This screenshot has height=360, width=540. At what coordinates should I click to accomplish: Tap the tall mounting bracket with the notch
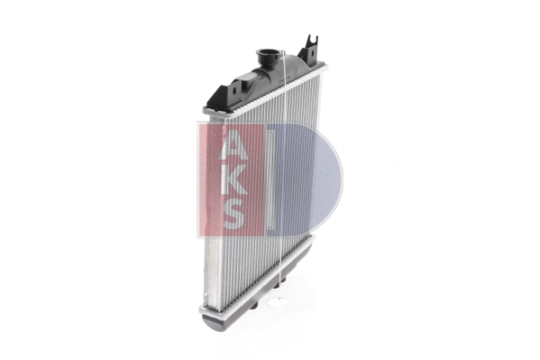pos(311,52)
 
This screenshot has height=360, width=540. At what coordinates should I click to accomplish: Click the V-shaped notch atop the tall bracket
pos(312,39)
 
